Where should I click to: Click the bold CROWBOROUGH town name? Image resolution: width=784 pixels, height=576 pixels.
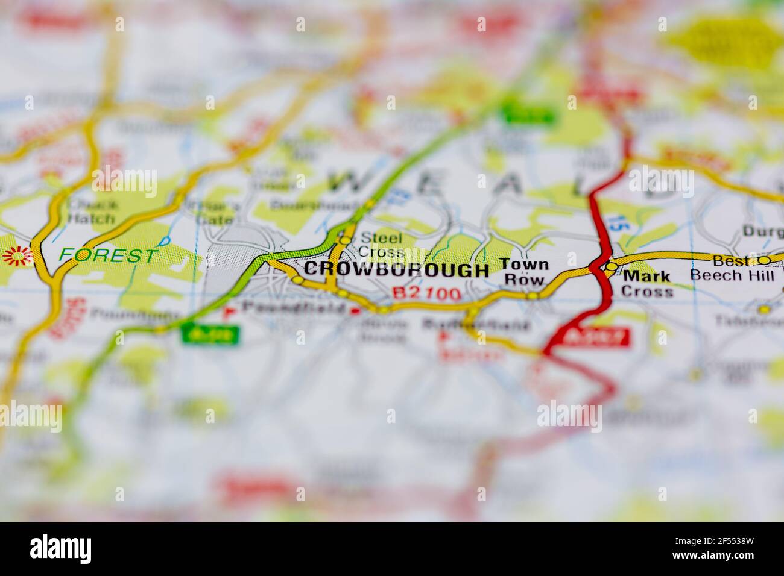point(396,270)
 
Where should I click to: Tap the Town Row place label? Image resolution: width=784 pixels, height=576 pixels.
point(516,272)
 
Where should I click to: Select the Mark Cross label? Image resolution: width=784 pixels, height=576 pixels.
point(647,284)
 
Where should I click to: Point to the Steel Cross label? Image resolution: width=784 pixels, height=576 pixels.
point(381,245)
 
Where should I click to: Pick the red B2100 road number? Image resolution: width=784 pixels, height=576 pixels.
point(427,293)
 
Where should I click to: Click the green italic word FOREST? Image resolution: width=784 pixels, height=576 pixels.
point(109,255)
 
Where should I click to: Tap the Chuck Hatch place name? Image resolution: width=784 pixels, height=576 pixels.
point(93,211)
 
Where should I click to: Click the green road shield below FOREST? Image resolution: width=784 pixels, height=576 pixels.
point(210,334)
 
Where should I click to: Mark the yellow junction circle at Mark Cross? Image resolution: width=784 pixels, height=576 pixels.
point(612,266)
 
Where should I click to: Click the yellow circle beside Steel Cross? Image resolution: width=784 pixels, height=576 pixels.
point(345,240)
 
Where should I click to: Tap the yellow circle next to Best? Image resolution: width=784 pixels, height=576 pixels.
point(764,260)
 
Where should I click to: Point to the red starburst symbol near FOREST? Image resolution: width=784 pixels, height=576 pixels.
point(17,257)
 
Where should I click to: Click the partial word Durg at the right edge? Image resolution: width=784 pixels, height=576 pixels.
point(762,231)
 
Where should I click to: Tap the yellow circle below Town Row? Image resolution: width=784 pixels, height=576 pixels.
point(532,296)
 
